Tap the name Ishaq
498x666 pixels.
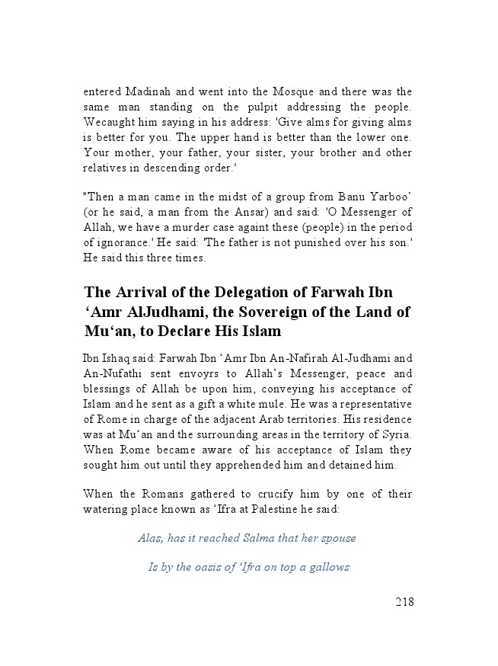pos(117,357)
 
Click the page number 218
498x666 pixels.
pos(404,602)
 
